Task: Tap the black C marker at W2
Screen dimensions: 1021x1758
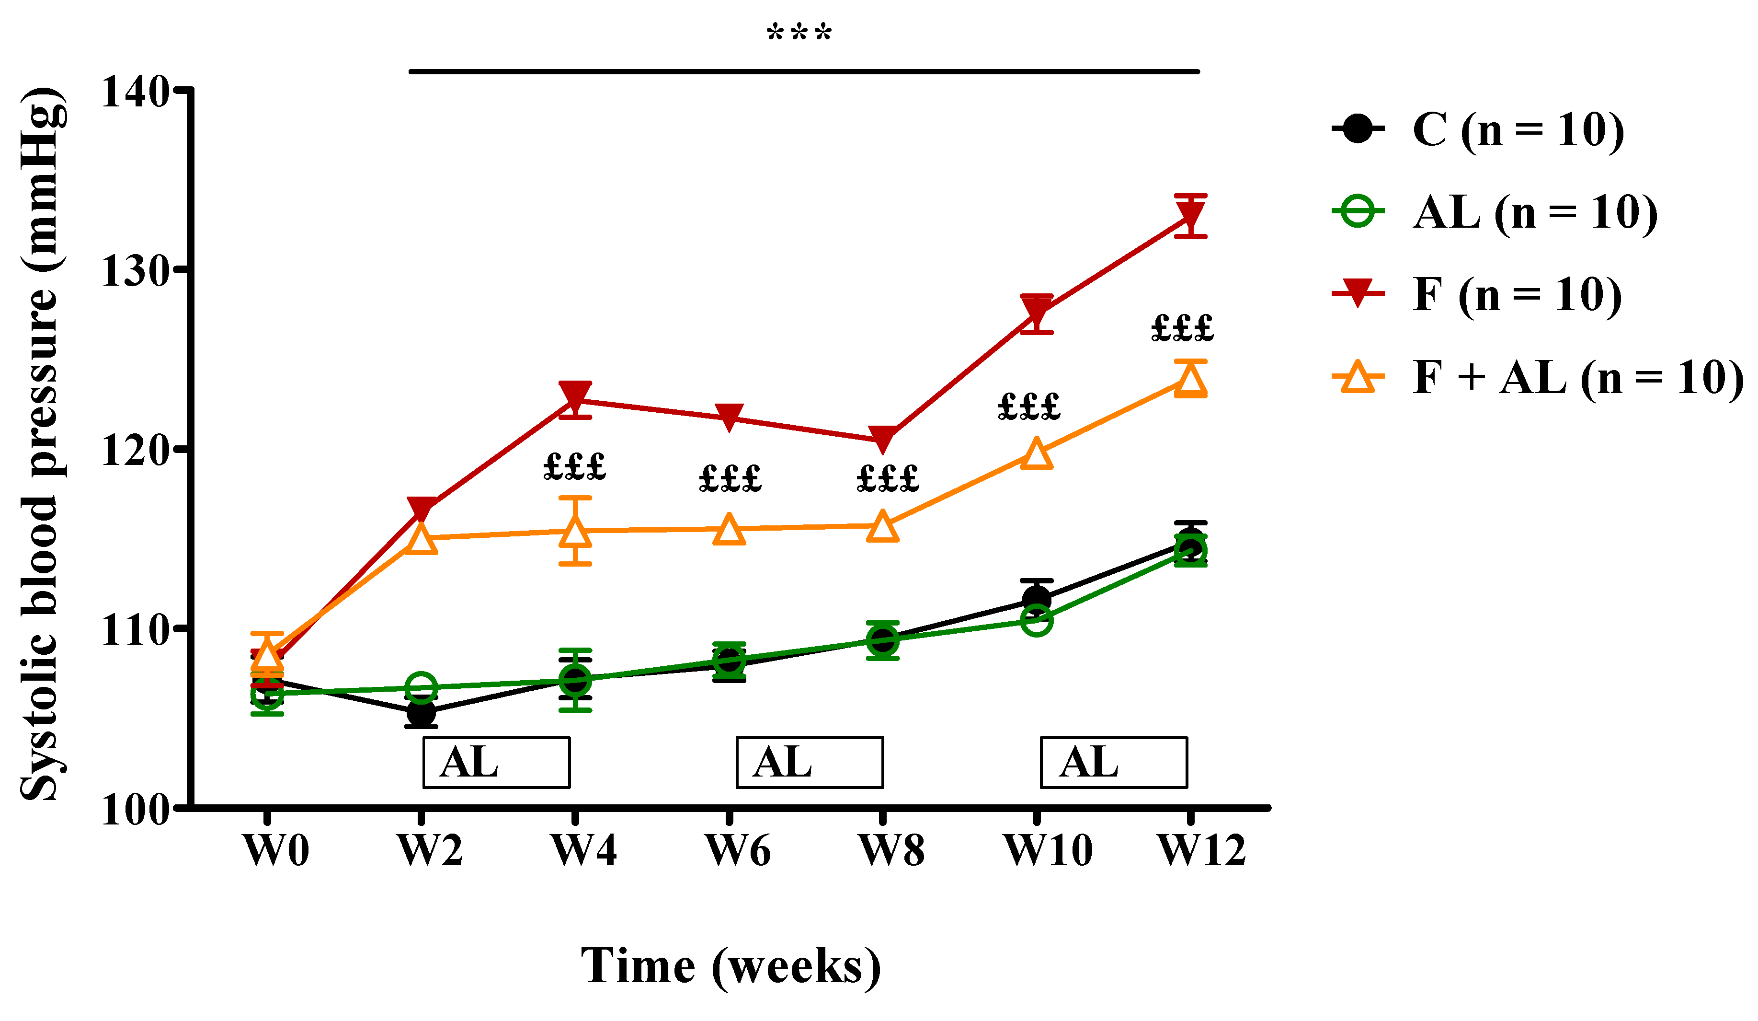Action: pyautogui.click(x=421, y=713)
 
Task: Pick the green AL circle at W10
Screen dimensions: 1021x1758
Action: pyautogui.click(x=1036, y=620)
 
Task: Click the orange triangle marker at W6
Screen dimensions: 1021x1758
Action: pyautogui.click(x=729, y=530)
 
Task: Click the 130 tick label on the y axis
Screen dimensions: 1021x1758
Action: pyautogui.click(x=136, y=271)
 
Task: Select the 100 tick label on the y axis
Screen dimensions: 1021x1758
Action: pyautogui.click(x=136, y=810)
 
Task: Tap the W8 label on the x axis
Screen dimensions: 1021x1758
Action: pyautogui.click(x=891, y=851)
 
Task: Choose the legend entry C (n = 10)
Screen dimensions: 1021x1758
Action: pyautogui.click(x=1518, y=130)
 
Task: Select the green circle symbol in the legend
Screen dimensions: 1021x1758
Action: pyautogui.click(x=1358, y=211)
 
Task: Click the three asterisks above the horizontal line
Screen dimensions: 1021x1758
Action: pyautogui.click(x=799, y=32)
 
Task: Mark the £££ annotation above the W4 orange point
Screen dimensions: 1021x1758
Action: pyautogui.click(x=574, y=467)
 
